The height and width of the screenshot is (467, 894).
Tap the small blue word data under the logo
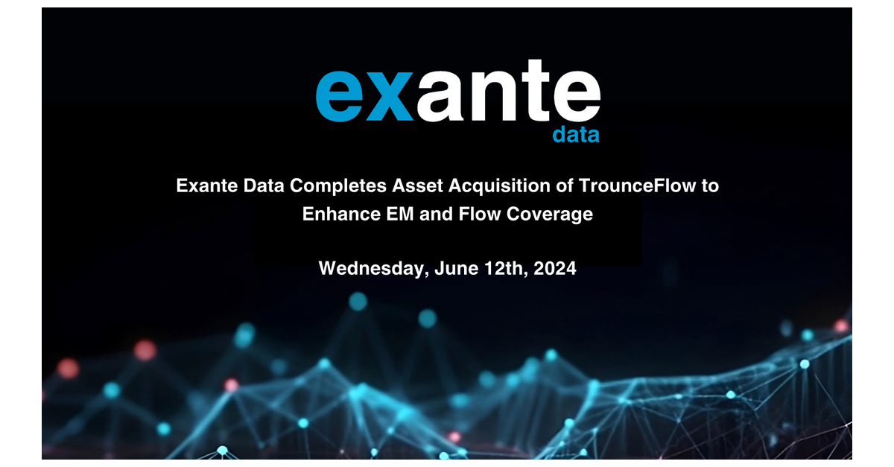coord(576,135)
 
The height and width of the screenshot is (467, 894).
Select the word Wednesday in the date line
coord(369,268)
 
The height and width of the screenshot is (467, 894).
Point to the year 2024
coord(554,268)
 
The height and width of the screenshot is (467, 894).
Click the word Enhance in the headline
coord(336,215)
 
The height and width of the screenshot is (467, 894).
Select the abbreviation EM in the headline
coord(390,215)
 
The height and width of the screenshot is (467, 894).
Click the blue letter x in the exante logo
coord(388,97)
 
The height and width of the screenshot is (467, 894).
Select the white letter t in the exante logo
coord(537,95)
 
